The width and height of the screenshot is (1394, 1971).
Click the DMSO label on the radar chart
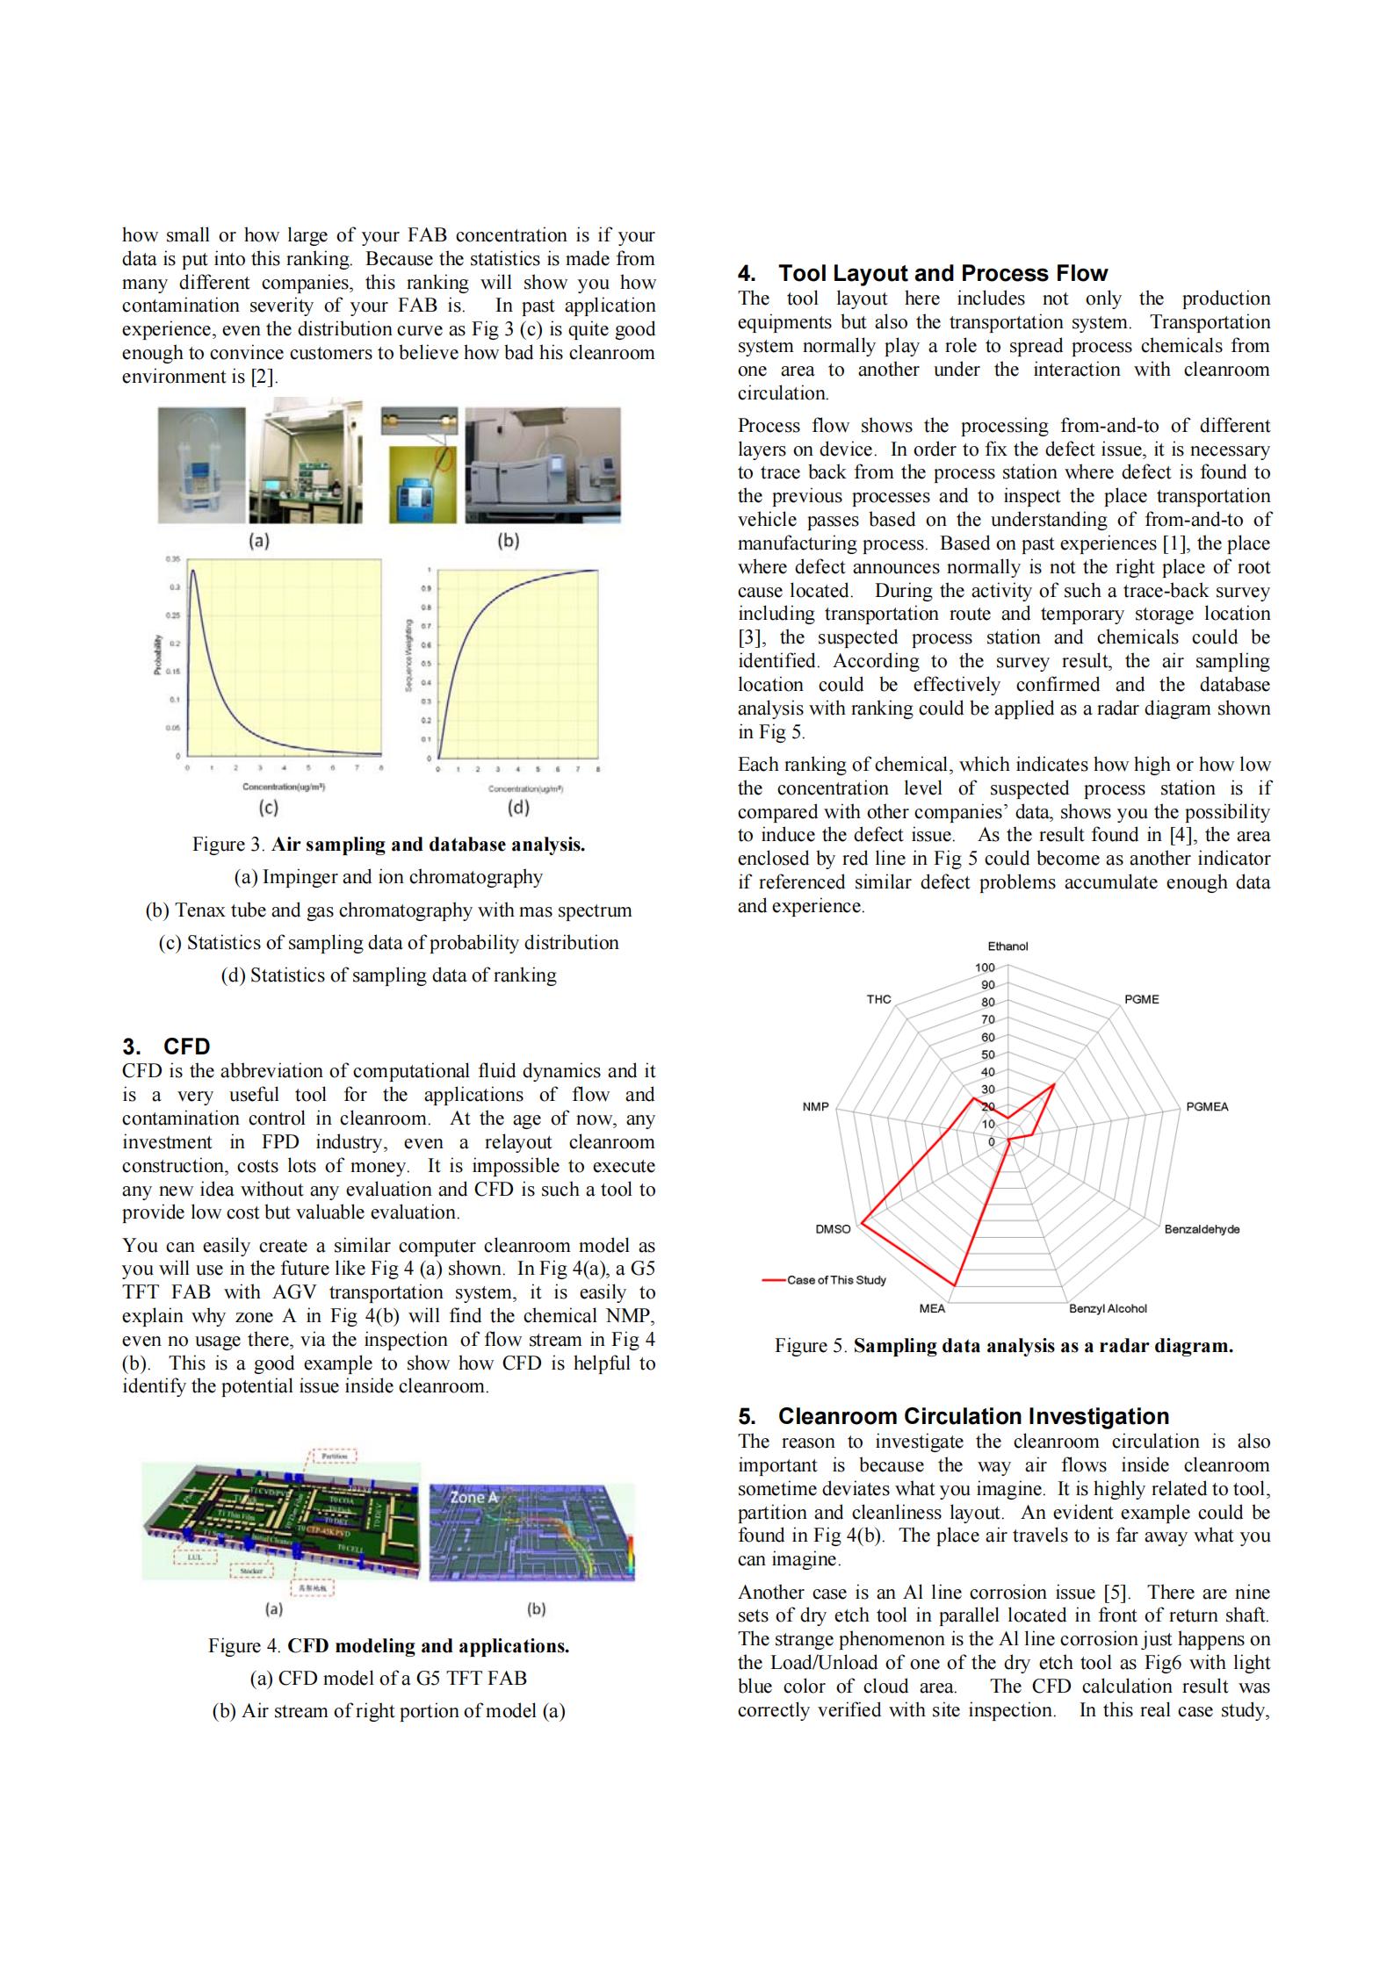833,1229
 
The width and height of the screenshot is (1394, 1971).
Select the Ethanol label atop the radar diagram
1008,946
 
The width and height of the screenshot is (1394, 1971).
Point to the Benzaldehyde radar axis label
1202,1229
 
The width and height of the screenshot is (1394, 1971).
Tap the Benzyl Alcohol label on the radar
1108,1309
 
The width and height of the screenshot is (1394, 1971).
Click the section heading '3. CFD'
166,1047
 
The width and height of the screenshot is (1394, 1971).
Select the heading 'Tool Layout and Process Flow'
943,273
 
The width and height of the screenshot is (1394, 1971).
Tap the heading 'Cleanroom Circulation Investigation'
973,1416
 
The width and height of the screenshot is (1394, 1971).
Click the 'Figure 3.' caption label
229,845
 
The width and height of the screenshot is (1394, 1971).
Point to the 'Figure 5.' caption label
811,1346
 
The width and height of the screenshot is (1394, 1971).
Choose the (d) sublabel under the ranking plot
518,807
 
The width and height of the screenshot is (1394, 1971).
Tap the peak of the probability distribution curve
192,572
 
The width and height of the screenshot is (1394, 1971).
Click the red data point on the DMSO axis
863,1221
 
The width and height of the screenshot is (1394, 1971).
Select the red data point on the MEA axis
955,1286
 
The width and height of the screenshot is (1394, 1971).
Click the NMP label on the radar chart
815,1107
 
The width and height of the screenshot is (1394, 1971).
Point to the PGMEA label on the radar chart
1207,1107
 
